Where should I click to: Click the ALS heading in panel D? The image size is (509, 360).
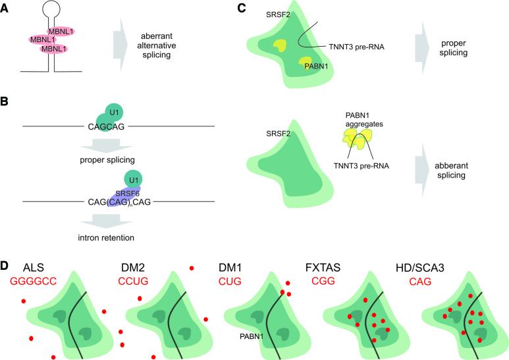(34, 269)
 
